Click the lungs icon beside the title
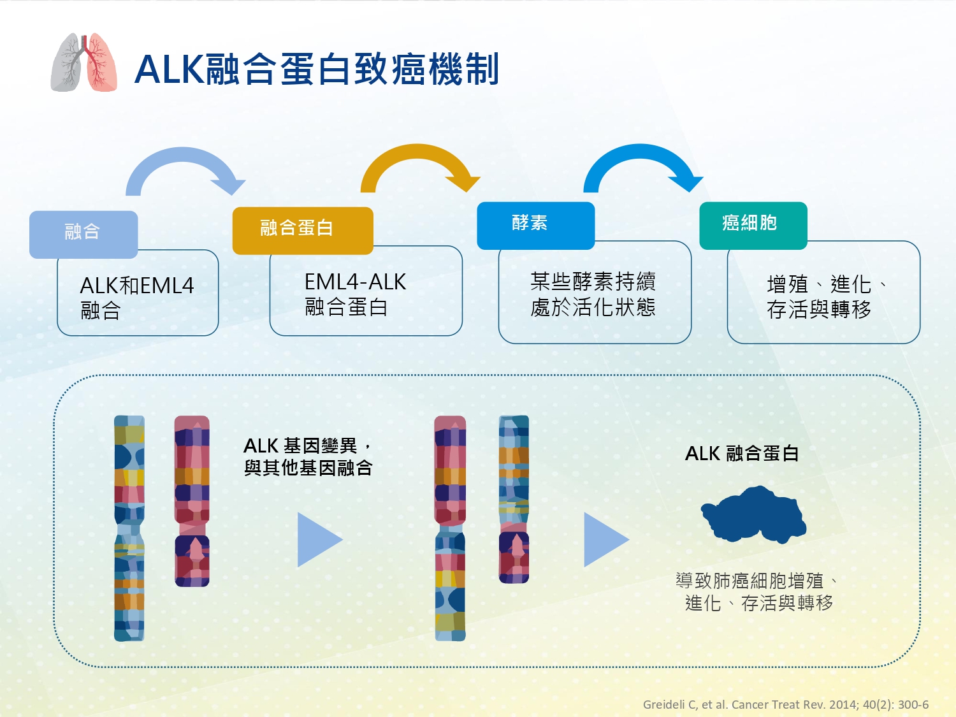pos(83,62)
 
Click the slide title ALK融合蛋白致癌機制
pos(317,69)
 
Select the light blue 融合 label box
pos(83,235)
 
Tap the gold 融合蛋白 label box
pos(303,230)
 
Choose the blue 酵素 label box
pos(536,226)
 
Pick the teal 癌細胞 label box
pos(753,226)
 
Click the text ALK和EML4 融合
pos(137,298)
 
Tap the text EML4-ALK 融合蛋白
pos(355,294)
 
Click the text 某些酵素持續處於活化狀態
pos(593,294)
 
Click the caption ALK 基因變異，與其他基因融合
pos(308,457)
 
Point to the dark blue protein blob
pos(753,514)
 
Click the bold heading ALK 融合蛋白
pos(742,453)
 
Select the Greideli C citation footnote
pos(786,704)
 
